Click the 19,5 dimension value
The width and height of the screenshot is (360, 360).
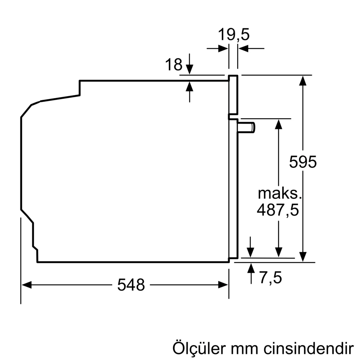coord(234,35)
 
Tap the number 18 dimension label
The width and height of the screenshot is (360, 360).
coord(174,65)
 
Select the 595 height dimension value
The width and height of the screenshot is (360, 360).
coord(303,162)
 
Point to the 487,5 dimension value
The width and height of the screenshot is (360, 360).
coord(278,210)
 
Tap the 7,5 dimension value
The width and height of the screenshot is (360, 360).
coord(270,278)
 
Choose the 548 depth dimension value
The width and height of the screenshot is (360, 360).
coord(131,285)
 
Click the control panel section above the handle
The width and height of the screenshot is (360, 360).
coord(233,95)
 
